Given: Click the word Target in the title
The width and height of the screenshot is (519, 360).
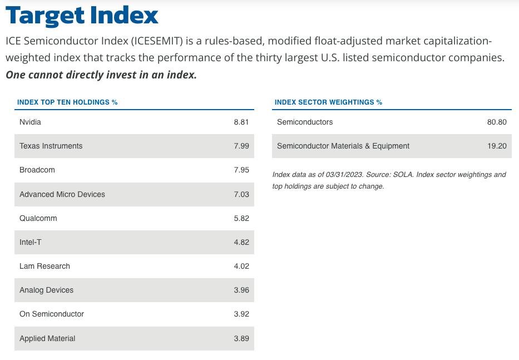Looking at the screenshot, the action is (x=46, y=16).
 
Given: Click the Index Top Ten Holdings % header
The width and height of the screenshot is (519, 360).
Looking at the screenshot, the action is (x=67, y=102).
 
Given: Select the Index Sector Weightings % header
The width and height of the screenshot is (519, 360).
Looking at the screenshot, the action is (x=328, y=102).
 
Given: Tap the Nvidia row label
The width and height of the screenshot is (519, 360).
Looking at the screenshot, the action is (x=30, y=122).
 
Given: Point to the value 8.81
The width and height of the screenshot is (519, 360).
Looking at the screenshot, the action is (x=241, y=122).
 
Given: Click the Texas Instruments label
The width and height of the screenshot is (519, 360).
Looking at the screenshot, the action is (x=51, y=146).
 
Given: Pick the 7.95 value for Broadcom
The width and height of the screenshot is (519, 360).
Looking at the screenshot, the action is (x=241, y=170).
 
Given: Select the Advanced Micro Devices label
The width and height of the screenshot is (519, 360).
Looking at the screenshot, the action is (x=62, y=194).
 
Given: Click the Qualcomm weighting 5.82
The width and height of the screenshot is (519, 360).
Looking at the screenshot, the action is (x=241, y=218).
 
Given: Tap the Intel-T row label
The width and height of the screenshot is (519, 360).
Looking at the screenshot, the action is (x=31, y=242).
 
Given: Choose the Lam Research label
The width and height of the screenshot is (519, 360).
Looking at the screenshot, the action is (x=45, y=266).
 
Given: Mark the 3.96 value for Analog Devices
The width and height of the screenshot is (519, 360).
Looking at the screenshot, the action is (x=241, y=290).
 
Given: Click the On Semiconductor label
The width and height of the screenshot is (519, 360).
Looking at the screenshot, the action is (x=52, y=314).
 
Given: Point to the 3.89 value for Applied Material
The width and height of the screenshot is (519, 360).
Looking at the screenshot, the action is (x=241, y=338).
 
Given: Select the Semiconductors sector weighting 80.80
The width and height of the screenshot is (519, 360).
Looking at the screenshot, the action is (x=497, y=122).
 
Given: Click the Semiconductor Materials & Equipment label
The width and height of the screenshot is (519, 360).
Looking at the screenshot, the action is (x=343, y=146).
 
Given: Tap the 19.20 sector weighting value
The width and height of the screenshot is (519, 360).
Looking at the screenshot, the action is (x=497, y=146).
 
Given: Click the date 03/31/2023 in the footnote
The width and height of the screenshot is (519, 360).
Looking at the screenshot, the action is (x=344, y=175).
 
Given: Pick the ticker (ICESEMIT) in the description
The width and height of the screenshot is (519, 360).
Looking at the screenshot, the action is (x=157, y=41).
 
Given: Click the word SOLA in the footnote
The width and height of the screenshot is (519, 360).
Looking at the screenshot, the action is (x=403, y=175).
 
